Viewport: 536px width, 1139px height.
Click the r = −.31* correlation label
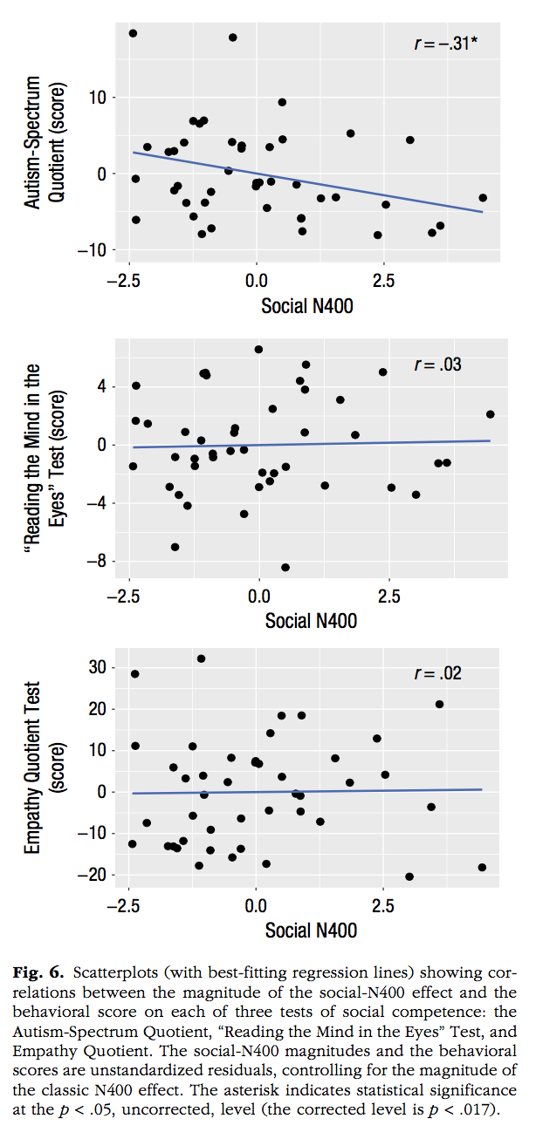(446, 44)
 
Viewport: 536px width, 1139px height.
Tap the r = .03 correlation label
(437, 365)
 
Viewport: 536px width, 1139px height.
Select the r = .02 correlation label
(437, 673)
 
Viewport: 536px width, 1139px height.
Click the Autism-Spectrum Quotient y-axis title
(45, 142)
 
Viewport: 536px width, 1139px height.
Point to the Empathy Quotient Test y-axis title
(45, 767)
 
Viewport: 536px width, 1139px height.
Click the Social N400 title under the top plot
(307, 306)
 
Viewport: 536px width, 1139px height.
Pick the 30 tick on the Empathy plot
(97, 667)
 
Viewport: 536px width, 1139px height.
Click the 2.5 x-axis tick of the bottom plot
(382, 905)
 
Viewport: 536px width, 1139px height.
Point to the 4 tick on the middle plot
(102, 387)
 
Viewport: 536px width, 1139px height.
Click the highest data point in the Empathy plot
(201, 659)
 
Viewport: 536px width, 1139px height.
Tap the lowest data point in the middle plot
(285, 568)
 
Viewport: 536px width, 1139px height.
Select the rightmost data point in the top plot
(483, 198)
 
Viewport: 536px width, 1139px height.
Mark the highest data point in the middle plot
(258, 350)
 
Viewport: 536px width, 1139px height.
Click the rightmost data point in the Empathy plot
(482, 868)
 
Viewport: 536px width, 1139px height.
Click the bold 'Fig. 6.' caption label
(38, 973)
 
